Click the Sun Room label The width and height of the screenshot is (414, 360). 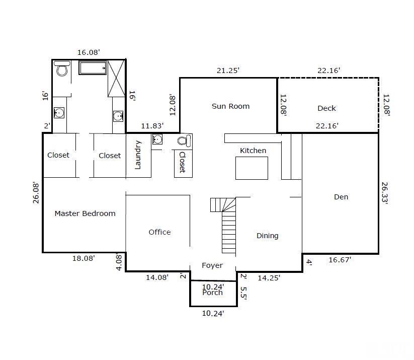pos(230,106)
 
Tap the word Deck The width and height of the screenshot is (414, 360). pos(326,108)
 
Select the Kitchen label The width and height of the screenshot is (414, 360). pos(253,151)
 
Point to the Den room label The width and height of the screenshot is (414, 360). pos(341,197)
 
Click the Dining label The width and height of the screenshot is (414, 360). pos(267,236)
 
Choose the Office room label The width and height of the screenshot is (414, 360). pos(159,232)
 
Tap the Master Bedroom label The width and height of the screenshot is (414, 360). pos(85,213)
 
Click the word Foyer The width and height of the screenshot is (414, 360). pos(212,265)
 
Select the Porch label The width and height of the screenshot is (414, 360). pos(212,293)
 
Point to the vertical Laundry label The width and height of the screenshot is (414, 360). pos(138,155)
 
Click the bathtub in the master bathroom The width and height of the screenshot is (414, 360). pos(92,68)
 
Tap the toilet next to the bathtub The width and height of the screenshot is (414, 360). pos(62,68)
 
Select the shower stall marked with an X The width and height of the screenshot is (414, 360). pos(116,78)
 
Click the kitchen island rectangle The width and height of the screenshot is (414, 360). pos(252,168)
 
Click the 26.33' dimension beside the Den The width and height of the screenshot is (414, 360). pos(385,193)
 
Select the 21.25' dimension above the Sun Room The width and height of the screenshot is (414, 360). pos(228,70)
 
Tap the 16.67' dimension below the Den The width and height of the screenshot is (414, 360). pos(340,260)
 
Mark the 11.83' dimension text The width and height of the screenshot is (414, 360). pos(152,126)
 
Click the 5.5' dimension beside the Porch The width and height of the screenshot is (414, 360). pos(243,293)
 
